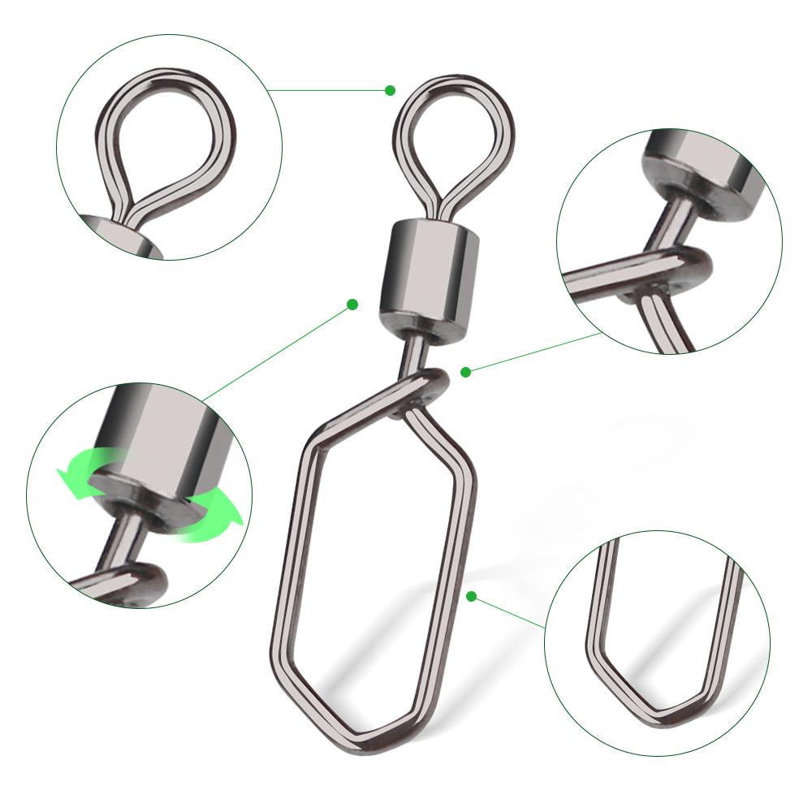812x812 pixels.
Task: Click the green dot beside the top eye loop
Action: coord(391,90)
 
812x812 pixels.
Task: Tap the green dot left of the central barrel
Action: coord(352,304)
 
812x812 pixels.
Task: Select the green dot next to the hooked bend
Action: coord(465,372)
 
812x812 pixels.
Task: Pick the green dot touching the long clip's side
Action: coord(471,597)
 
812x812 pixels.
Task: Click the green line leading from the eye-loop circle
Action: coord(325,89)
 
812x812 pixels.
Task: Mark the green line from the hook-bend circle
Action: coord(536,353)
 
